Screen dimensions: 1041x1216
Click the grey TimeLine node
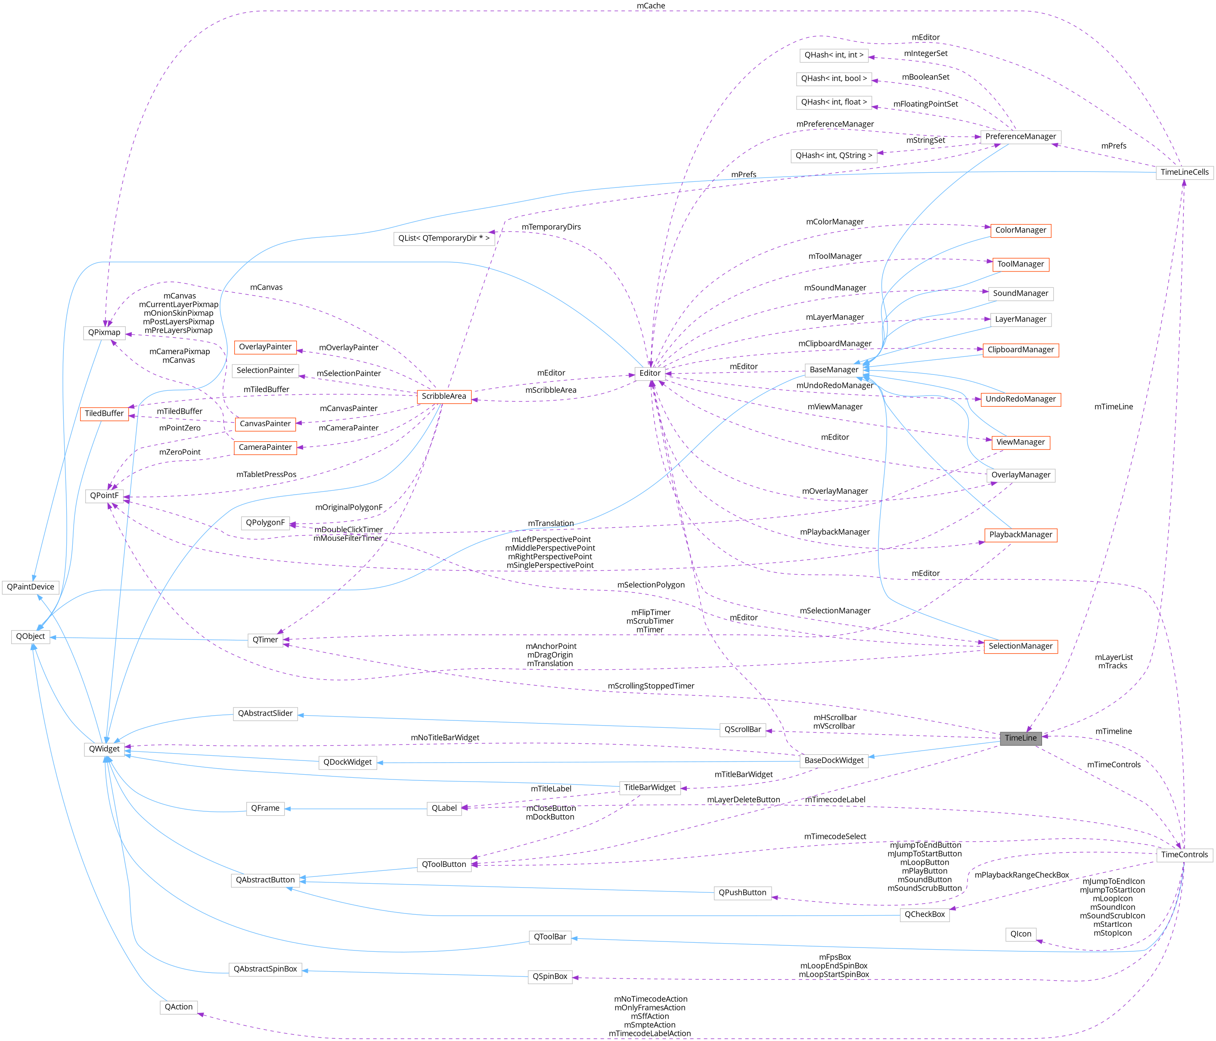1021,738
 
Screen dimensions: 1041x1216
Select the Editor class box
650,374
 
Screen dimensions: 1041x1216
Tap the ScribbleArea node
444,396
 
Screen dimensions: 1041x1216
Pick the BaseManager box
834,370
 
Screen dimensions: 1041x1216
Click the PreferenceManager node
1020,137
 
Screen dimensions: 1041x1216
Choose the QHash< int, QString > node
833,156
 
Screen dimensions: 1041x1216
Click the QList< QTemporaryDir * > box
444,238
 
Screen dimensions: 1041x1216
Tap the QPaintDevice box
31,587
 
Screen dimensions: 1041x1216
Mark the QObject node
31,636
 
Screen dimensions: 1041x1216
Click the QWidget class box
104,749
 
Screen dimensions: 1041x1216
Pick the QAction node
178,1007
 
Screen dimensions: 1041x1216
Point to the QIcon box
1021,934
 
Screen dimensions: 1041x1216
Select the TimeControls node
1184,855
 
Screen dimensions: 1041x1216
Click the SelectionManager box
1021,646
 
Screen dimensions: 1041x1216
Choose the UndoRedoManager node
1021,399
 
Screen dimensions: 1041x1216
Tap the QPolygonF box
265,523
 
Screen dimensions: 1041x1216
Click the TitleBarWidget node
650,788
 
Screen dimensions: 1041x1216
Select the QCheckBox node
924,915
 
